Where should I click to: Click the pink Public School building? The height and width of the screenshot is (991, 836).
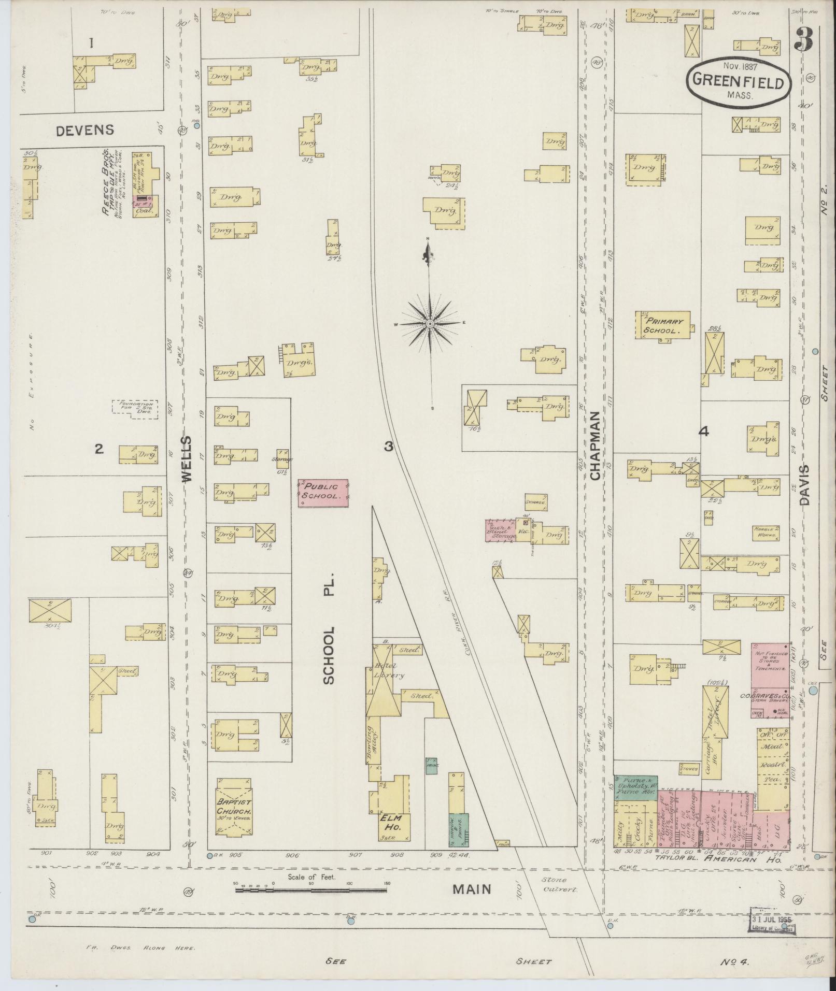[323, 492]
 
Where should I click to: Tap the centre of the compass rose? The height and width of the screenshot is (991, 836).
[430, 324]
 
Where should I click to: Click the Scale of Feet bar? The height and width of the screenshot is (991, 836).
[310, 890]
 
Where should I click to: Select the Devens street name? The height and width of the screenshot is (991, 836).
[85, 130]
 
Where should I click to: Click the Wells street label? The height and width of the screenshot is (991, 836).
[187, 459]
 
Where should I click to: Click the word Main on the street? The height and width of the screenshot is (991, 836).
[471, 889]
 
